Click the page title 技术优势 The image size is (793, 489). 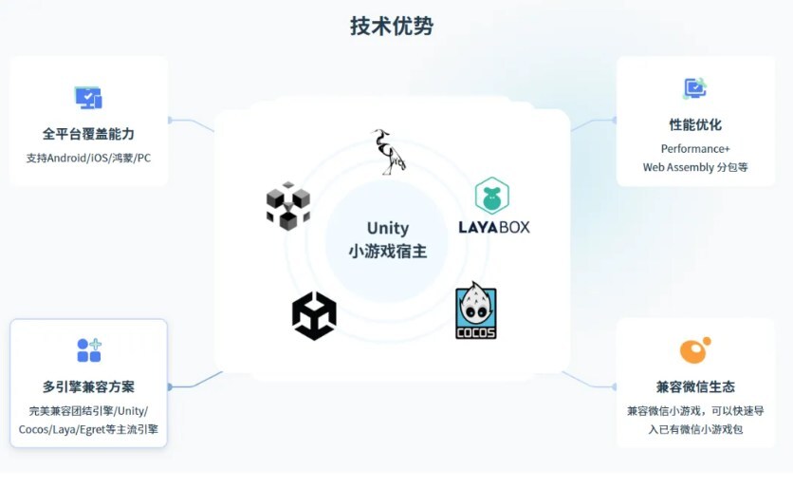click(392, 27)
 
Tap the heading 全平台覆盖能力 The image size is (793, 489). click(88, 134)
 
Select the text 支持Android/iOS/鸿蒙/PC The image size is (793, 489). click(88, 158)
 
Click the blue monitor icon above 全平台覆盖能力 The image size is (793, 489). click(88, 97)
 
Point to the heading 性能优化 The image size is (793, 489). click(695, 124)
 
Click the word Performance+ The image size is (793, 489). click(695, 149)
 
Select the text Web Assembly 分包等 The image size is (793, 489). click(695, 167)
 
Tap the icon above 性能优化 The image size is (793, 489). click(695, 88)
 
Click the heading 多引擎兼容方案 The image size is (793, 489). click(88, 387)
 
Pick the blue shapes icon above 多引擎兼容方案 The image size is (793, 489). click(89, 349)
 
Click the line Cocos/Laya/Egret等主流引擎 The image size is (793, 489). click(88, 429)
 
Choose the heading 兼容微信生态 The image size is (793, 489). click(695, 387)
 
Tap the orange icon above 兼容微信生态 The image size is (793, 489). click(694, 350)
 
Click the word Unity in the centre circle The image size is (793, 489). click(388, 228)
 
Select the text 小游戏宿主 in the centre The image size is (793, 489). click(388, 252)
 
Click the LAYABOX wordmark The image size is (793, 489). click(493, 227)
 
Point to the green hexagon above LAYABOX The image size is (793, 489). click(492, 196)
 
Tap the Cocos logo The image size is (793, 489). click(475, 310)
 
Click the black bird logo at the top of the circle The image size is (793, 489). click(387, 152)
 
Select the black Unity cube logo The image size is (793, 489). click(314, 316)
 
